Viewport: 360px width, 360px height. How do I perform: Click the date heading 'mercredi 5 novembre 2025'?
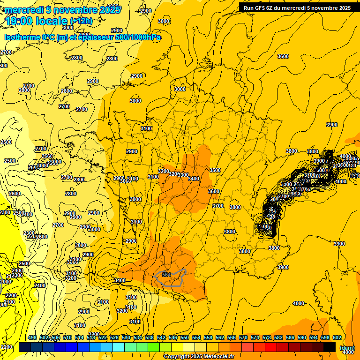click(63, 9)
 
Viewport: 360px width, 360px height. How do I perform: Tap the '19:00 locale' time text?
click(37, 21)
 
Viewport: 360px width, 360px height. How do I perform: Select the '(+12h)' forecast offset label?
click(81, 21)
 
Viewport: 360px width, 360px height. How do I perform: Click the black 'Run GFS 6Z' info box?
click(297, 7)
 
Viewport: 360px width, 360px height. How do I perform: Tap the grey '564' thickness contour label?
click(166, 275)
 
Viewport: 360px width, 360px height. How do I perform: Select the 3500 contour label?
click(215, 170)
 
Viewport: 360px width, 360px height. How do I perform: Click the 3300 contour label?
click(183, 175)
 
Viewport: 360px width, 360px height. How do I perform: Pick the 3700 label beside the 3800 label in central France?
click(217, 206)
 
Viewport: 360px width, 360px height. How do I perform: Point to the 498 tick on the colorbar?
click(32, 337)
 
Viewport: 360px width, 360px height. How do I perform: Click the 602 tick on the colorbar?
click(337, 337)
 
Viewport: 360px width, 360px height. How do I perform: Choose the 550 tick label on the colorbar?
click(185, 337)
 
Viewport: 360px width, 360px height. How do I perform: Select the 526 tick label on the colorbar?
click(114, 337)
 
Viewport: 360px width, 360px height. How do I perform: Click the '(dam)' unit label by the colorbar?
click(347, 348)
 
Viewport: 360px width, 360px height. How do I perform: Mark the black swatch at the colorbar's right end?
click(330, 347)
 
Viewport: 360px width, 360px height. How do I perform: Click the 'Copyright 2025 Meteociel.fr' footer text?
click(198, 357)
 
